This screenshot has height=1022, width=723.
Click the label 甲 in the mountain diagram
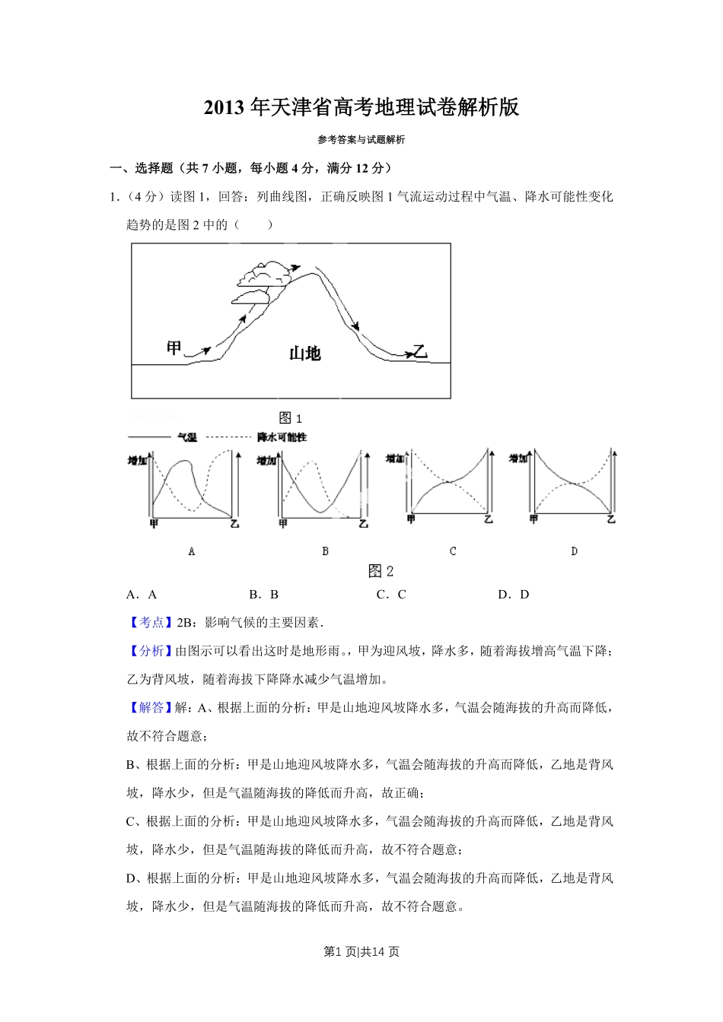pos(174,348)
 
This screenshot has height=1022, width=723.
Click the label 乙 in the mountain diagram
pos(419,351)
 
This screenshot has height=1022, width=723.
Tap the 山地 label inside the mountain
pos(304,353)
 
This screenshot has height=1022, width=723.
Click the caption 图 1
pos(291,417)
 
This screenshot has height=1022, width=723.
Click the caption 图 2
pos(381,571)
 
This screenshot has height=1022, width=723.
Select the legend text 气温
pos(187,437)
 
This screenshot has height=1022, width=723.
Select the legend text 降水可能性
pos(282,437)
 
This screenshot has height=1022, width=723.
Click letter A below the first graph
pos(192,551)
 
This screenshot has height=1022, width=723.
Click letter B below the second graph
pos(326,551)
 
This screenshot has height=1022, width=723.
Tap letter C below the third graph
pos(453,551)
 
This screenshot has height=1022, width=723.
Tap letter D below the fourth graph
pos(575,551)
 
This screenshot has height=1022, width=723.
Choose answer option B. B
pos(264,595)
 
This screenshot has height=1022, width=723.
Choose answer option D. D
pos(514,595)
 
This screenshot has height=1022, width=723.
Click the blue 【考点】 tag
pos(148,623)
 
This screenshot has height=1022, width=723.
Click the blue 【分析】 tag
pos(148,651)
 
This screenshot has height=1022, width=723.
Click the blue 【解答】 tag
pos(148,708)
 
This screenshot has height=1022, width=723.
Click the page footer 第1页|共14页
pos(361,952)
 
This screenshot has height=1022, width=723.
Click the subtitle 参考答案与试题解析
pos(361,140)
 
